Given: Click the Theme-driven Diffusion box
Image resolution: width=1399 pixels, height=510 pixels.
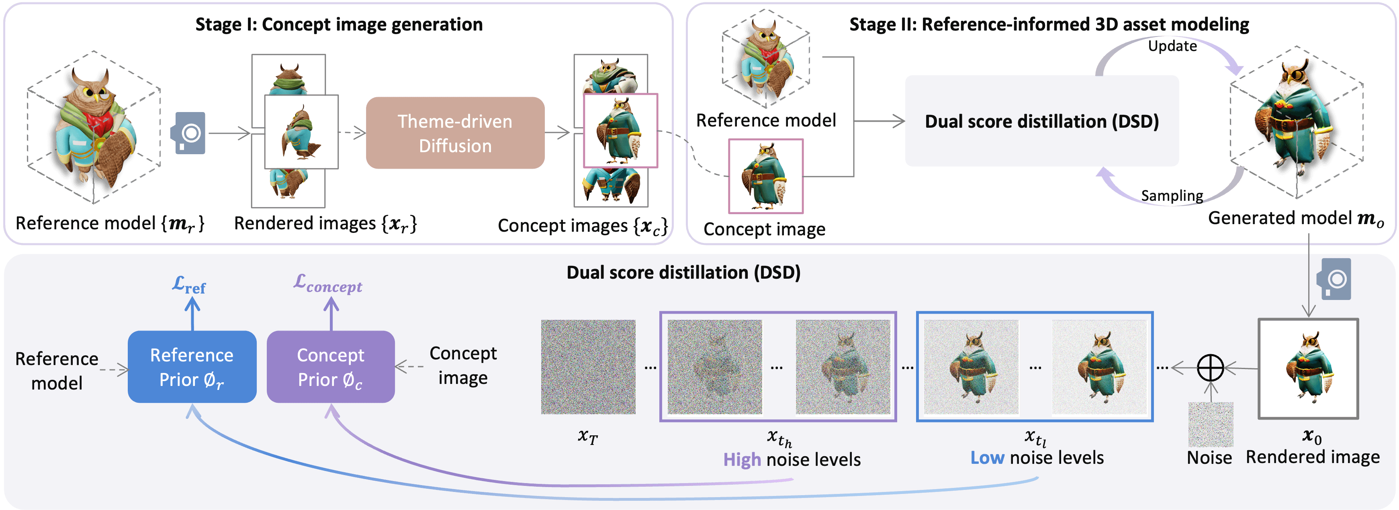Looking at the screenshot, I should (x=455, y=133).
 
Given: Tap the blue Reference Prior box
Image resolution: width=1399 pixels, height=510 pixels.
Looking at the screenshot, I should (x=192, y=367).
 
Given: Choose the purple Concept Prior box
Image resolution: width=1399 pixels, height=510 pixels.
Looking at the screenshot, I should (x=330, y=367).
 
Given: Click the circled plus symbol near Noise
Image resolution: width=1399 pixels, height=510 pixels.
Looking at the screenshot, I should (x=1210, y=368).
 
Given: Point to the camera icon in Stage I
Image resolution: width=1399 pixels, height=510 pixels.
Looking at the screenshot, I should (x=188, y=133).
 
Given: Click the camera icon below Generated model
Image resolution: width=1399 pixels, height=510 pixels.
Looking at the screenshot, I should (x=1333, y=279).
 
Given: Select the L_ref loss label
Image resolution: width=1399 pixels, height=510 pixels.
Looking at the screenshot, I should (x=189, y=285).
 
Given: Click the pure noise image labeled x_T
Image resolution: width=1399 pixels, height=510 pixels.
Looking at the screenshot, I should (x=588, y=367).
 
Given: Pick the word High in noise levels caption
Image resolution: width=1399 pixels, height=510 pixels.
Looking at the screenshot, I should (x=741, y=459).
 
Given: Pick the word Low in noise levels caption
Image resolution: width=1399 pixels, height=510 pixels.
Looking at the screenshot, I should (x=987, y=457).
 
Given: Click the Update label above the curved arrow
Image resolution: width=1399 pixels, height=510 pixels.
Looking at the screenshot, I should (x=1172, y=46).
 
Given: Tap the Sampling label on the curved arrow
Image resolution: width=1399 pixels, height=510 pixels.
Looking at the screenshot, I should (x=1172, y=195).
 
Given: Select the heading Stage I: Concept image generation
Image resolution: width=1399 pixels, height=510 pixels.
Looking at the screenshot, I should (x=339, y=24).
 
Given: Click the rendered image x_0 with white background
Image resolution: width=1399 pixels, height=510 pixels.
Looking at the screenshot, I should (x=1308, y=369).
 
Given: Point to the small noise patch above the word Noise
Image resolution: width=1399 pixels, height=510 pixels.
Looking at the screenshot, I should (x=1210, y=424).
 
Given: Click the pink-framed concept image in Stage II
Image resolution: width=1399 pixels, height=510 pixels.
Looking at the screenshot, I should (x=765, y=176).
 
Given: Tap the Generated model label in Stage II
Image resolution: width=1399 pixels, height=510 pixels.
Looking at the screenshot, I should (x=1295, y=218).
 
